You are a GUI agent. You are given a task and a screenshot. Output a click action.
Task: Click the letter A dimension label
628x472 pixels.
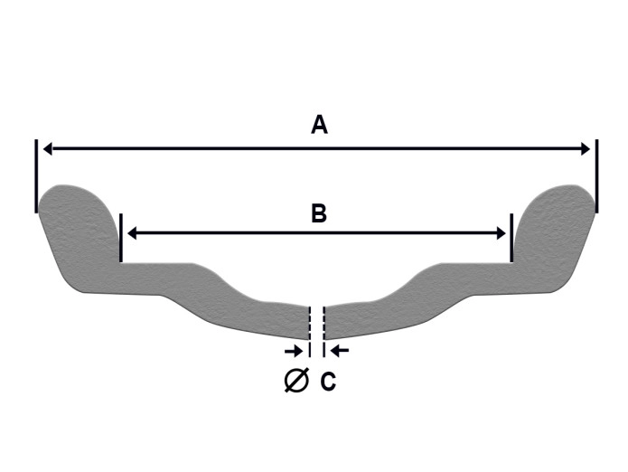pos(319,126)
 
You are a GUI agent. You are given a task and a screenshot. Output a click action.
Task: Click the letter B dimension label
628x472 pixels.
pos(318,214)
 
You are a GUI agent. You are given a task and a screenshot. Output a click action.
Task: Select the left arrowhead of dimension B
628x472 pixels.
pos(132,233)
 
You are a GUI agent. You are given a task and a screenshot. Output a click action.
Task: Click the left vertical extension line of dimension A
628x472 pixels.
pos(37,175)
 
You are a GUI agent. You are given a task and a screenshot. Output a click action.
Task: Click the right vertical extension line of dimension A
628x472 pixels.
pos(596,175)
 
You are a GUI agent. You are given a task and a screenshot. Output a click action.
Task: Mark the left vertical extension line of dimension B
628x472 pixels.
pos(121,238)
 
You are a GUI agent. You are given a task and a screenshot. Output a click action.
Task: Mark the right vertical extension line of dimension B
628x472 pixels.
pos(511,238)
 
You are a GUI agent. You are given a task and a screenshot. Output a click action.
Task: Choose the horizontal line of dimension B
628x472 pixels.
pos(316,233)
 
